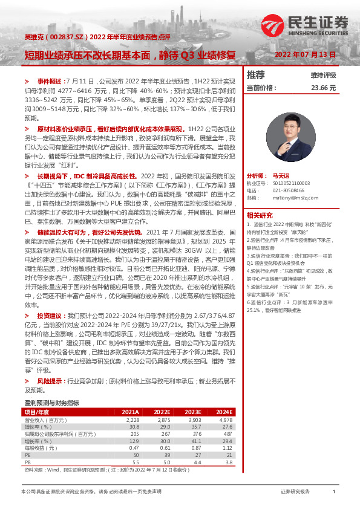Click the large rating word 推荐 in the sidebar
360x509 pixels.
(256, 76)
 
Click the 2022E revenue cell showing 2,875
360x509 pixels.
(163, 418)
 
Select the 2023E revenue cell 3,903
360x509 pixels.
(195, 418)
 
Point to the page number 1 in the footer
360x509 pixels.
(334, 493)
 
